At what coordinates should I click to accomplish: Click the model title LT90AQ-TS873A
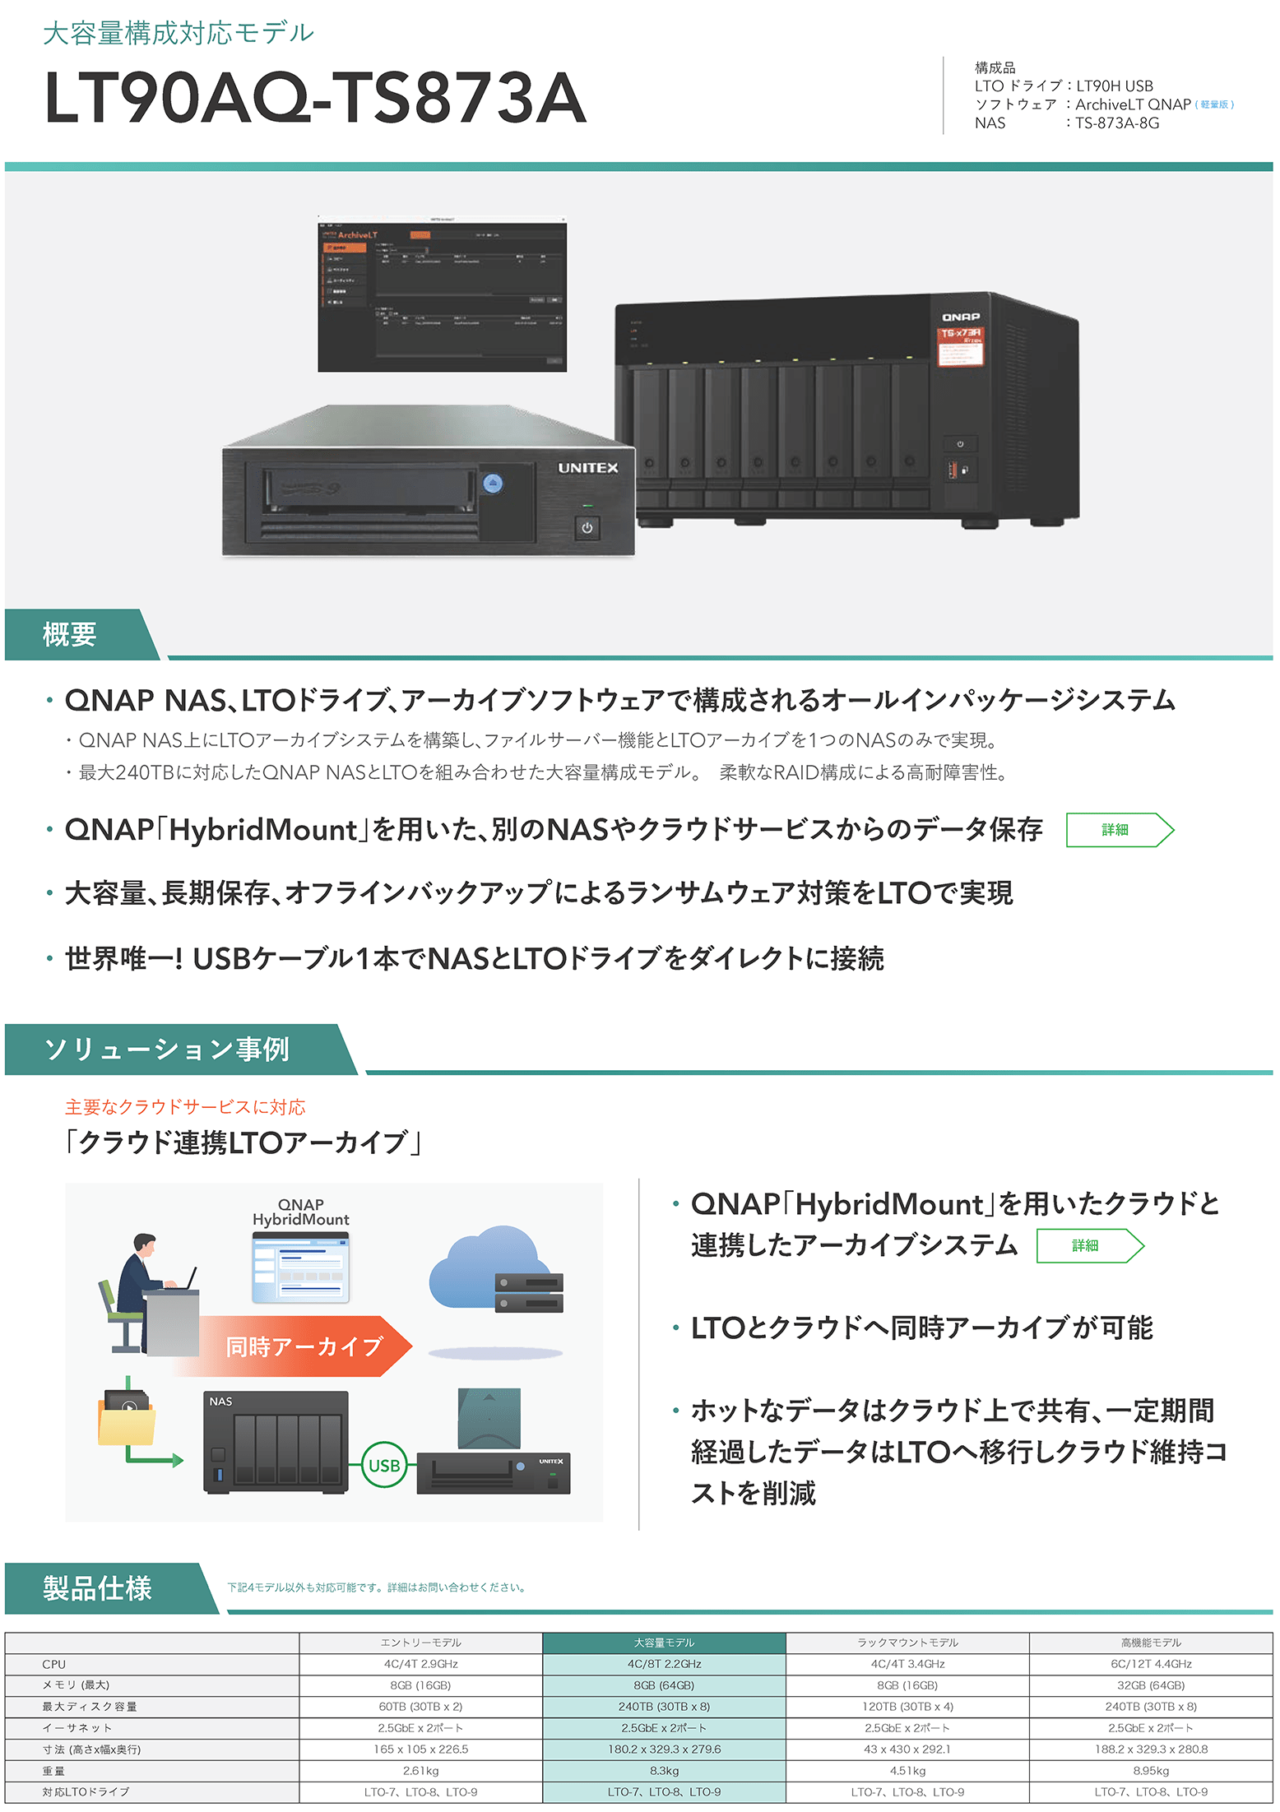pyautogui.click(x=315, y=98)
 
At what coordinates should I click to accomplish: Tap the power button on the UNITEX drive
pyautogui.click(x=587, y=528)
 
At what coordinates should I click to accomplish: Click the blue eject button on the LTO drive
pyautogui.click(x=492, y=484)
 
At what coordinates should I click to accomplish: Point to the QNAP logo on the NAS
pyautogui.click(x=960, y=317)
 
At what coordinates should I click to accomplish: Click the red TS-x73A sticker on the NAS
pyautogui.click(x=961, y=345)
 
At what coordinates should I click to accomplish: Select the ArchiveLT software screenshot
pyautogui.click(x=442, y=294)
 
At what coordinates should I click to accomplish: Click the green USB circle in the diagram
pyautogui.click(x=384, y=1465)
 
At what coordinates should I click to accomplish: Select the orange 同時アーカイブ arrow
pyautogui.click(x=304, y=1346)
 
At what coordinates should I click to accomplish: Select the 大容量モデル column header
pyautogui.click(x=663, y=1643)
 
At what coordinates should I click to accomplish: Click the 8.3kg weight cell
pyautogui.click(x=663, y=1770)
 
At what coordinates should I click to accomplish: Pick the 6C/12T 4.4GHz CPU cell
pyautogui.click(x=1150, y=1664)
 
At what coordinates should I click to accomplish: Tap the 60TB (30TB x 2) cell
pyautogui.click(x=420, y=1707)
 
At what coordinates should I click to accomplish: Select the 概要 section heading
pyautogui.click(x=70, y=635)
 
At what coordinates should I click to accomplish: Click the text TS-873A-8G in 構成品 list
pyautogui.click(x=1117, y=123)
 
